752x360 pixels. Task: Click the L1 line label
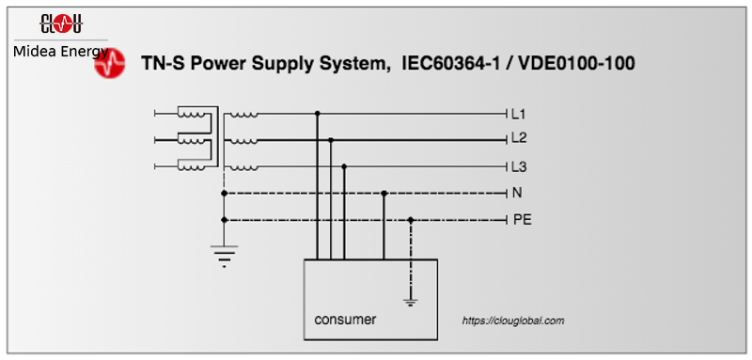pos(518,114)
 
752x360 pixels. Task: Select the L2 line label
pos(518,138)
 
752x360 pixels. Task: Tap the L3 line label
pos(518,167)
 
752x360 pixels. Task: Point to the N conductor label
pos(517,193)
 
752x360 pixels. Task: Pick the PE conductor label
pos(522,220)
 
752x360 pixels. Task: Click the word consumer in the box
pos(345,320)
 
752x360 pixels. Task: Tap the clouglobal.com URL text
pos(513,321)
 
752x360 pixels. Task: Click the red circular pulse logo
pos(110,64)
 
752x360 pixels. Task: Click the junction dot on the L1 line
pos(318,114)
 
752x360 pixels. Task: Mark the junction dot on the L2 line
pos(332,140)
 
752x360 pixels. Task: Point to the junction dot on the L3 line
pos(345,166)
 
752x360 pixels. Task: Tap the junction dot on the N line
pos(384,193)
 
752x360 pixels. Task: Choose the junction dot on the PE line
pos(411,220)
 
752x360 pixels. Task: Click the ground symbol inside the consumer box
pos(410,302)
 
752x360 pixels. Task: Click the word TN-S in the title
pos(164,64)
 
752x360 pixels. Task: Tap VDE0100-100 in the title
pos(578,64)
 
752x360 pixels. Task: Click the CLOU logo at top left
pos(61,23)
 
